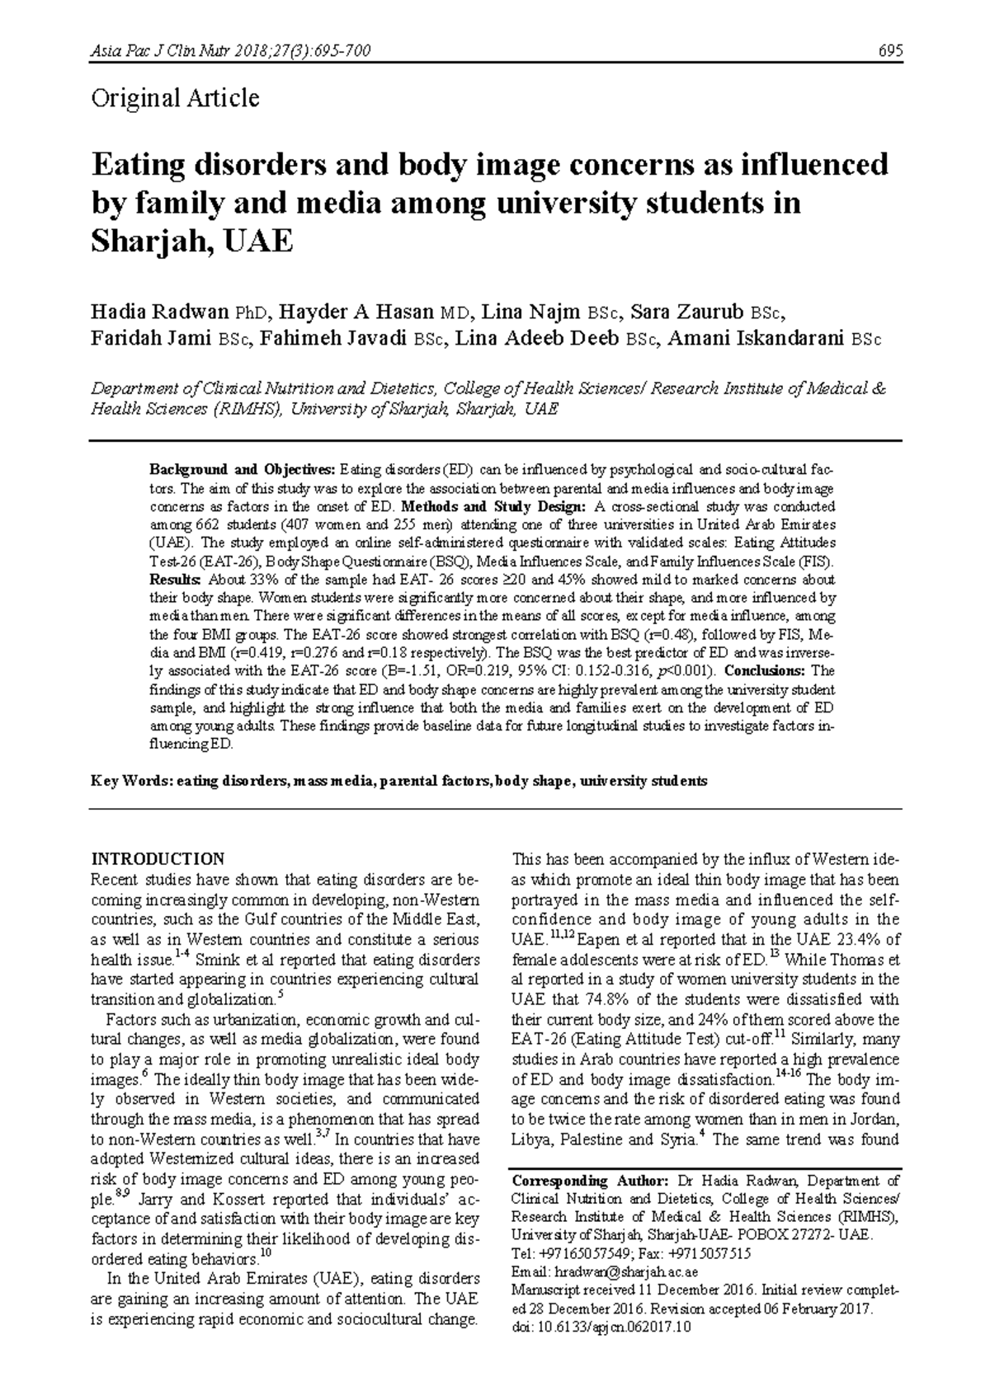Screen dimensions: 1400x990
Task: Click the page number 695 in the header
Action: click(x=890, y=52)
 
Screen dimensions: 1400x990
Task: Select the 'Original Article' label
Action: click(x=175, y=99)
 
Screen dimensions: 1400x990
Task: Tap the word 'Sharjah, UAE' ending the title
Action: click(x=191, y=242)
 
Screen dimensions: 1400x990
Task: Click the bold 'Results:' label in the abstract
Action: click(x=175, y=580)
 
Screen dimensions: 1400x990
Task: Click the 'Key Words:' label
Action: click(x=130, y=781)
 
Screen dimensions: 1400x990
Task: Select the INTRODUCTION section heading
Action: click(x=157, y=858)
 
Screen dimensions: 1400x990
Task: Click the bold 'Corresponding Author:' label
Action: click(x=571, y=1182)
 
